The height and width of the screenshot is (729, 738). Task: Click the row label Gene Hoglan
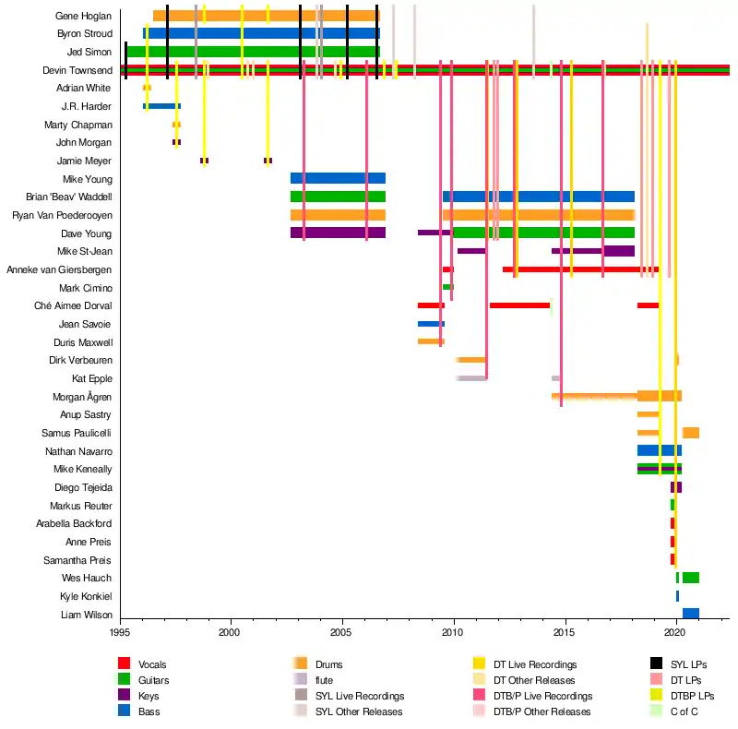(x=83, y=16)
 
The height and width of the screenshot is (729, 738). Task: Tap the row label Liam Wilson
(x=86, y=615)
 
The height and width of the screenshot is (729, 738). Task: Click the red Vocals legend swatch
(x=124, y=663)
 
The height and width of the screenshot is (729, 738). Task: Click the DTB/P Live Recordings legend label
(x=542, y=695)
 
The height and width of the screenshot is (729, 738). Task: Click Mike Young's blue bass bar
(x=338, y=178)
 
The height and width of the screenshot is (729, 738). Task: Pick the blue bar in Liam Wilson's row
(x=690, y=614)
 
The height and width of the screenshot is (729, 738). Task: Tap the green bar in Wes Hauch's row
(x=690, y=578)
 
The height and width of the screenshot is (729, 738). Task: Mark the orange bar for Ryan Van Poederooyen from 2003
(x=338, y=215)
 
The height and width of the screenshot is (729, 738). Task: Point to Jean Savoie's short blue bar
(x=430, y=324)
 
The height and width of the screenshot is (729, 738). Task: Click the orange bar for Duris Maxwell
(x=430, y=341)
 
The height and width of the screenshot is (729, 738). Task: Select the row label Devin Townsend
(x=77, y=70)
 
